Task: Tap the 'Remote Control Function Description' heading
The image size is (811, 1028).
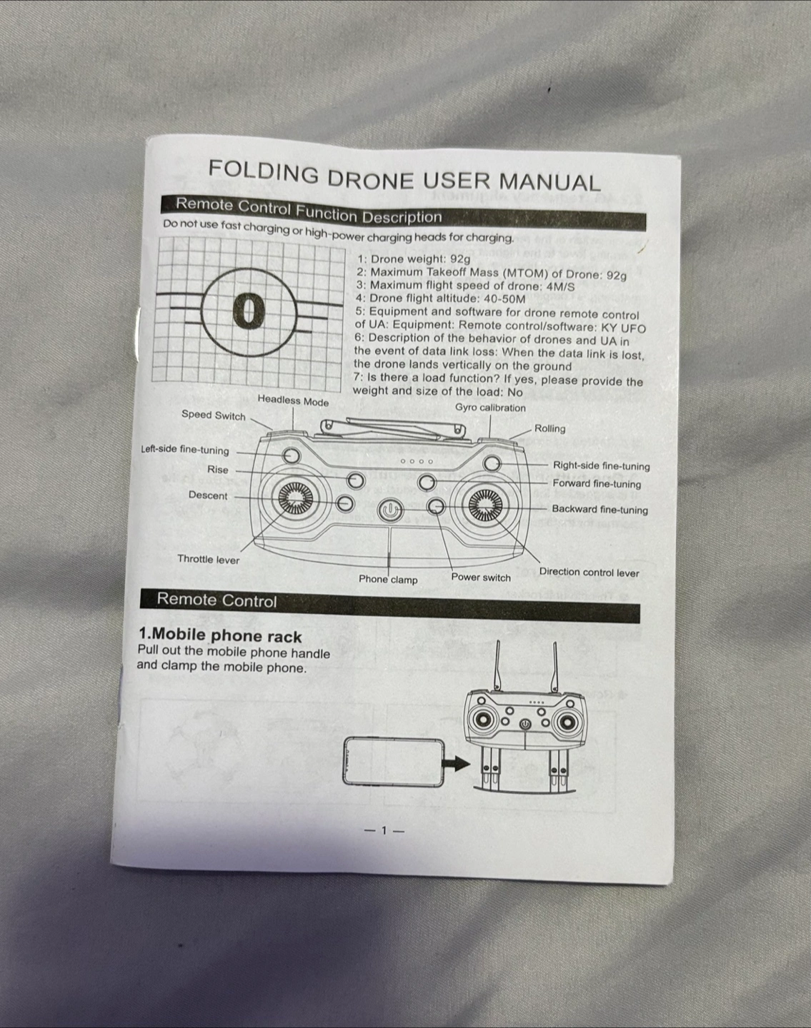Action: point(309,211)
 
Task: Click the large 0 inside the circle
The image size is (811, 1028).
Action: point(249,311)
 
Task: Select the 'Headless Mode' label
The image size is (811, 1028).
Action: point(293,400)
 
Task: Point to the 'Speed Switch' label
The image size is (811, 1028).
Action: point(213,415)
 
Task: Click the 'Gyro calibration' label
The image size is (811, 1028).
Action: point(490,408)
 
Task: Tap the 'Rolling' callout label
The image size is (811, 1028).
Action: point(550,428)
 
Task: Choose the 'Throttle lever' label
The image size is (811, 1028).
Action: point(208,560)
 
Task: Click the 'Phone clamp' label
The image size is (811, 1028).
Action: point(388,580)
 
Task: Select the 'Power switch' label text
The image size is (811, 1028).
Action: point(481,577)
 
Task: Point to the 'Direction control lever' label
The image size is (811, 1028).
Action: point(589,573)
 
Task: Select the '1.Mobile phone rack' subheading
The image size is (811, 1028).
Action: point(220,635)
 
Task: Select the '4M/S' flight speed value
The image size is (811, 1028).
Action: point(560,286)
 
